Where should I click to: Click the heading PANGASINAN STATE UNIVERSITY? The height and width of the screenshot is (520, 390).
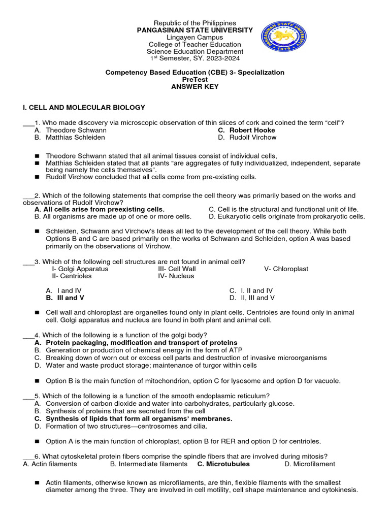(x=195, y=30)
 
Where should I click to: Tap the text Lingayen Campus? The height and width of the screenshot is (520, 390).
(x=195, y=38)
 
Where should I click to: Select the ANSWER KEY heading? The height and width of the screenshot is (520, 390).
(x=195, y=87)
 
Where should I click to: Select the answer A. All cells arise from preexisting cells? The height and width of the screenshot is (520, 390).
(x=100, y=209)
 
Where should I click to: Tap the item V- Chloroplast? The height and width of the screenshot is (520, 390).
(x=286, y=269)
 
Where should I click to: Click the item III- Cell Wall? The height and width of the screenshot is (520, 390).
(x=177, y=269)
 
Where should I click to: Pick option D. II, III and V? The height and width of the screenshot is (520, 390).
(x=252, y=298)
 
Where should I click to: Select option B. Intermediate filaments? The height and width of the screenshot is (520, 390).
(x=148, y=464)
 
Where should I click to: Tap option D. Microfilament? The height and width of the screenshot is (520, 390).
(x=310, y=464)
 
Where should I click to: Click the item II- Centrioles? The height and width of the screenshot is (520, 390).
(x=72, y=276)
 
